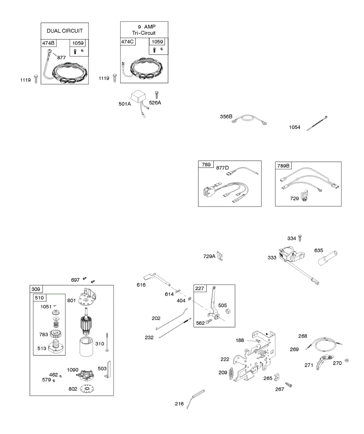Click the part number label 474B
(48, 44)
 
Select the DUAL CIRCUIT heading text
(64, 31)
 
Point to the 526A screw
(157, 95)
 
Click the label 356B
(226, 116)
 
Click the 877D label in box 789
(223, 167)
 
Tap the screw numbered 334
(300, 238)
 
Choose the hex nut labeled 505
(229, 311)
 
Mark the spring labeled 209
(231, 373)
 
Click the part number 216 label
(180, 404)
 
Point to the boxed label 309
(36, 289)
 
